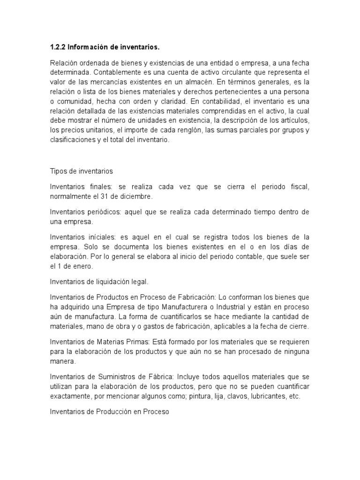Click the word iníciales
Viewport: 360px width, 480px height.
(101, 237)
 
